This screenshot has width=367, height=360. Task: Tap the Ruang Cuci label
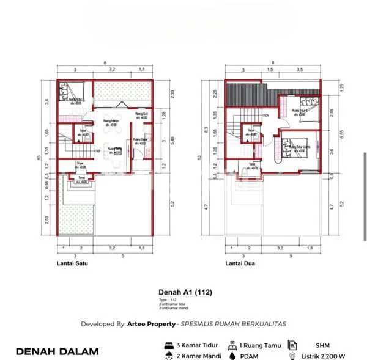click(x=141, y=115)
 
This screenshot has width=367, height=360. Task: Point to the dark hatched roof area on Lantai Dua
click(x=245, y=95)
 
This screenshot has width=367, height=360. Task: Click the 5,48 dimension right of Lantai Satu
click(x=173, y=140)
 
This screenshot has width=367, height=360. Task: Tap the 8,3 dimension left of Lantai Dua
click(x=209, y=129)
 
